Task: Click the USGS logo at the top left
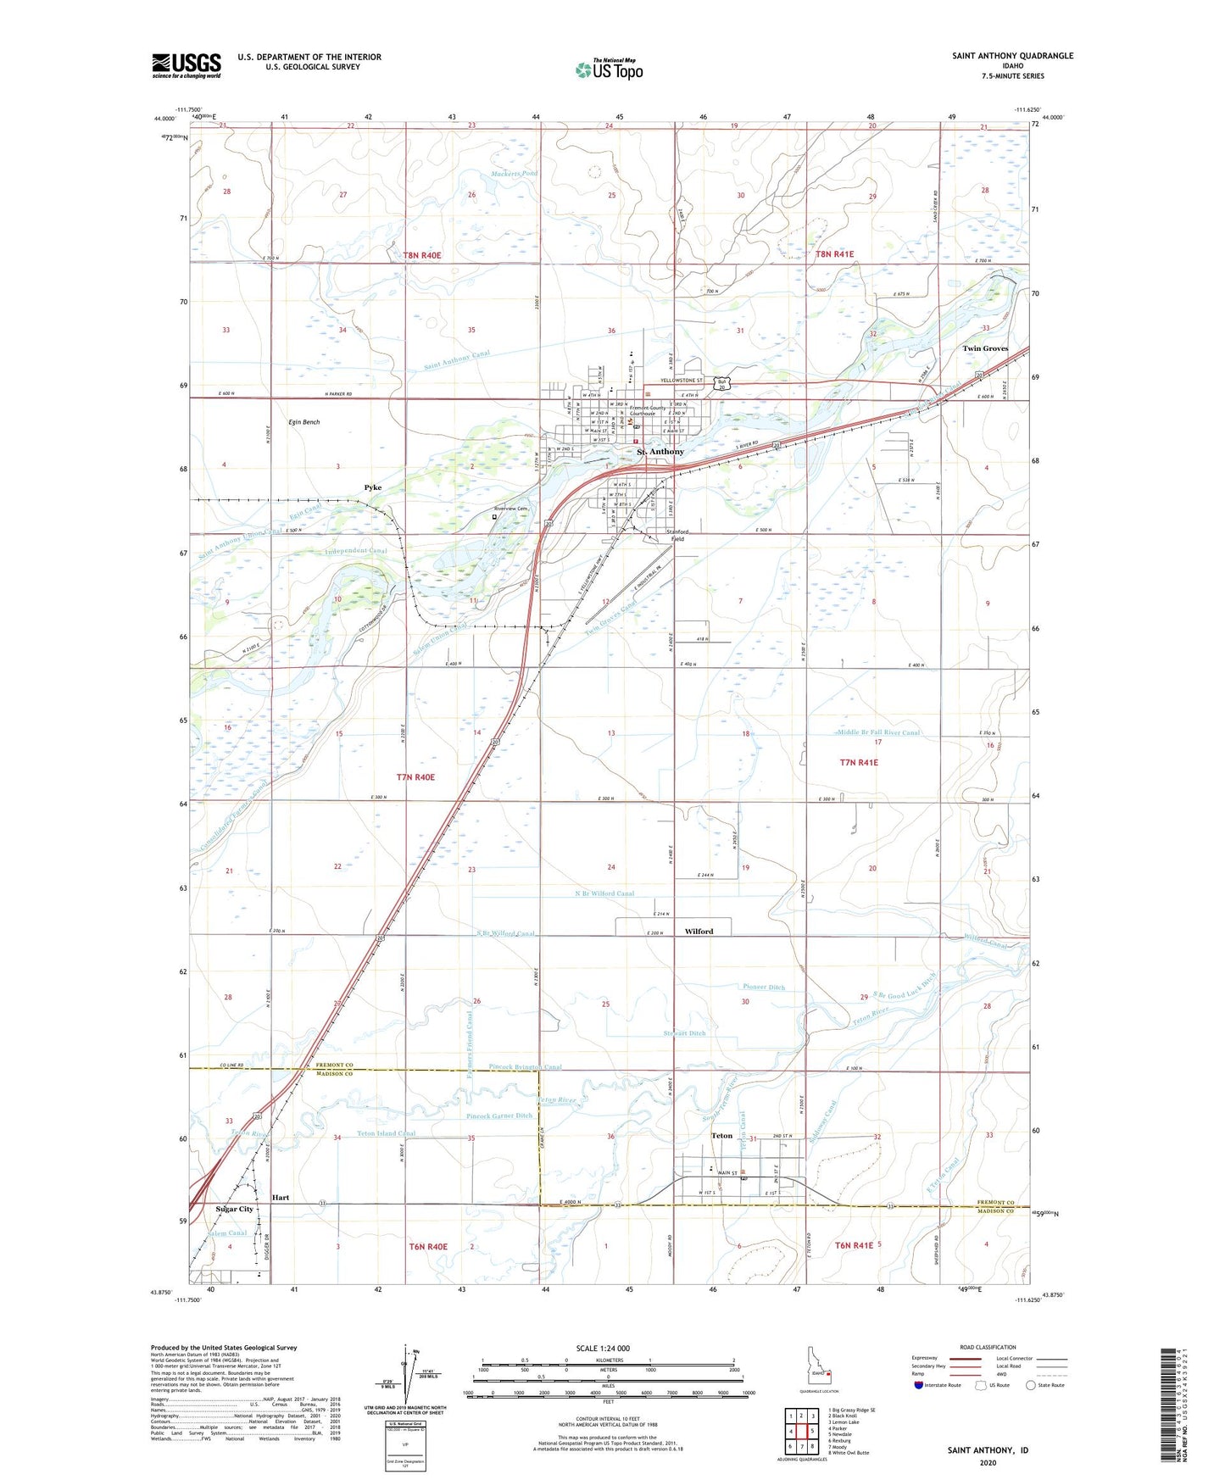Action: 186,65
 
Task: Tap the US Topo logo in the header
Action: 609,70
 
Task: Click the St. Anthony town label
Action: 660,452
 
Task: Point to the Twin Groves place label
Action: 984,348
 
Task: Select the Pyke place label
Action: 372,487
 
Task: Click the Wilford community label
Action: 699,931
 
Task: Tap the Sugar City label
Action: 234,1209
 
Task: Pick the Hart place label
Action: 281,1198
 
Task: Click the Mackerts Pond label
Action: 514,174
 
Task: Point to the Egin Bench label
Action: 303,421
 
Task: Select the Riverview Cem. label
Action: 511,509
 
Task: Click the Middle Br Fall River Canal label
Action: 878,732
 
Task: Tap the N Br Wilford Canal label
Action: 599,893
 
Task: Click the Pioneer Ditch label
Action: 764,987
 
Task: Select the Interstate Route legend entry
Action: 941,1385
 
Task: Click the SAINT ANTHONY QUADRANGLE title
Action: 1012,56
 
